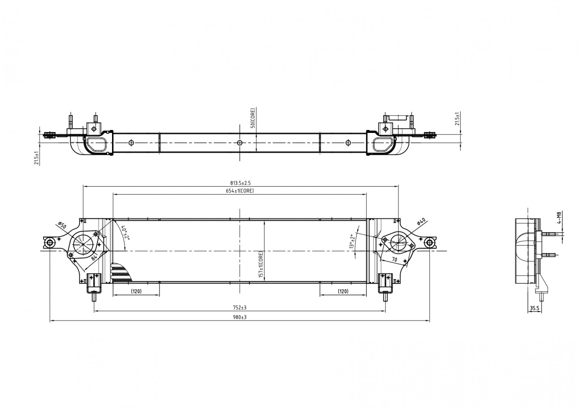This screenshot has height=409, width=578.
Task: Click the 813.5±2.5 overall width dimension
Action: point(240,183)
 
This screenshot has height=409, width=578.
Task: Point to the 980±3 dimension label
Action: point(240,317)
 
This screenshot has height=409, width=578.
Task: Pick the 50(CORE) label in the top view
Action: point(252,119)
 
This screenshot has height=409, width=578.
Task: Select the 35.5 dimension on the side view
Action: point(534,309)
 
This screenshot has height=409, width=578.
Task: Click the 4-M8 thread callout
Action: point(559,218)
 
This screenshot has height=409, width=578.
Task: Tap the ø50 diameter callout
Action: point(62,225)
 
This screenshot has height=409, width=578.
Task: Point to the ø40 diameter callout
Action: point(421,222)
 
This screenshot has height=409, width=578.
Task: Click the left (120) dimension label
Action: point(136,291)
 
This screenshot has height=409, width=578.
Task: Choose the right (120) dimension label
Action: point(343,291)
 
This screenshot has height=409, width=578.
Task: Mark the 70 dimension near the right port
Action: point(394,260)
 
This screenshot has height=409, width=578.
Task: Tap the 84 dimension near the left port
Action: point(95,256)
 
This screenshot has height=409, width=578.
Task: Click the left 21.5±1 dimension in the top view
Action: point(37,158)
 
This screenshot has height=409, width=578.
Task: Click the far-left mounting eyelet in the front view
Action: point(50,242)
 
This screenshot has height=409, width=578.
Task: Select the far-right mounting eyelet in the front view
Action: point(429,242)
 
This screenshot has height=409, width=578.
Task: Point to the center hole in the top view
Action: point(239,143)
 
